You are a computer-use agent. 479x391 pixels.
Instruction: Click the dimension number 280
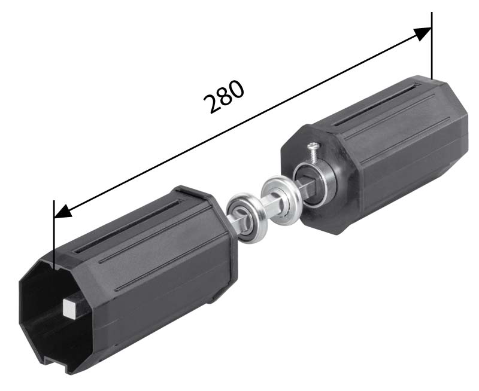[224, 97]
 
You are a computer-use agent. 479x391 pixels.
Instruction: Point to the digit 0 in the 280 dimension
[237, 89]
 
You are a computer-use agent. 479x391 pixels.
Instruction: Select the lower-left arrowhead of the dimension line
[63, 212]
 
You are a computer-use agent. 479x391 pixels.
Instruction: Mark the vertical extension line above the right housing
[432, 45]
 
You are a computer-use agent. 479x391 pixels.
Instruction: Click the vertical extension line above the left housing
[54, 235]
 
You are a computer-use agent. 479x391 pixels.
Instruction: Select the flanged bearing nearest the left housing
[248, 218]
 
